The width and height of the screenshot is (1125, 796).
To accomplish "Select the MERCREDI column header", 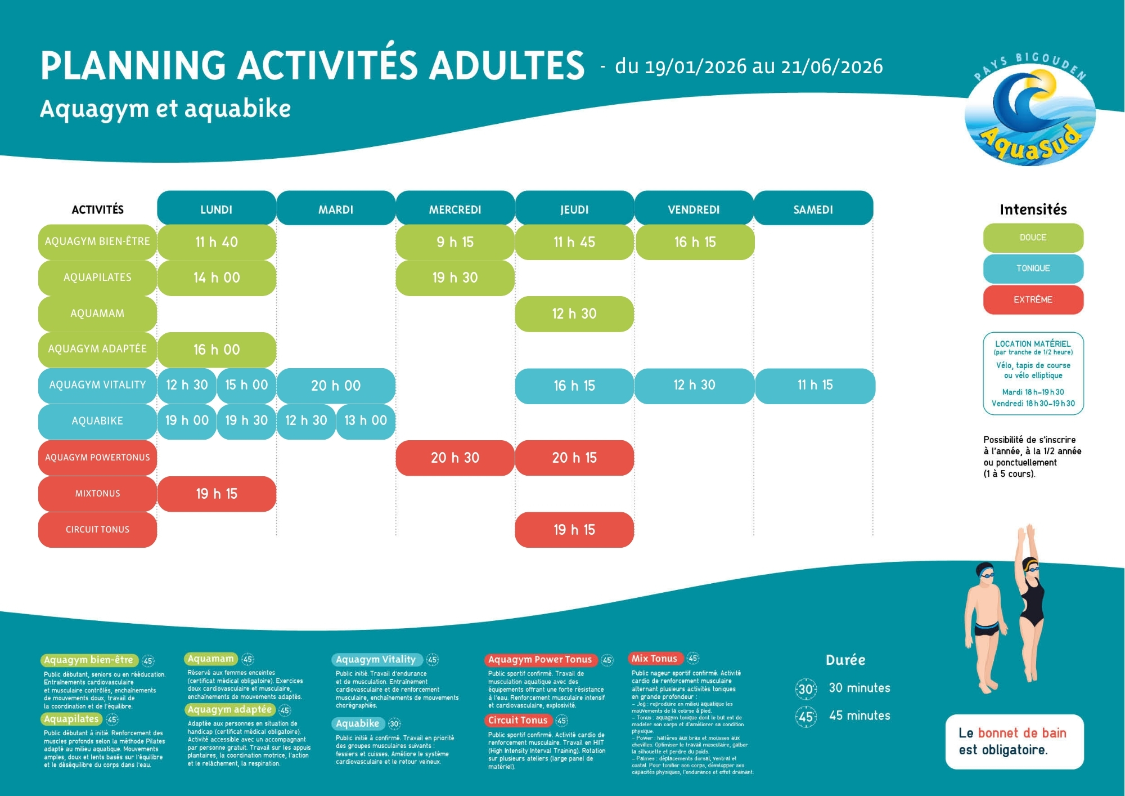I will pos(455,209).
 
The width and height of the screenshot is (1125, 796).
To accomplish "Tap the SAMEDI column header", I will pos(813,209).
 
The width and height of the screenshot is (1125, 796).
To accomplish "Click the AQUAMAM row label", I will pos(97,314).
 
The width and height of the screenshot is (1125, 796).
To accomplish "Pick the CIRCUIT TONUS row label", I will pos(97,530).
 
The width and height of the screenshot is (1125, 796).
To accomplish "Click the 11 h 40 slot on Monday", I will pos(217,242).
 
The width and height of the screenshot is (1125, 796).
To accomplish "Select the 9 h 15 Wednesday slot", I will pos(455,242).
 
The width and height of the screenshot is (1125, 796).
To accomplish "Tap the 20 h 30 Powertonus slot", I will pos(455,458).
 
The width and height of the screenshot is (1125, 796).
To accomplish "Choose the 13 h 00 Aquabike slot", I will pos(366,421).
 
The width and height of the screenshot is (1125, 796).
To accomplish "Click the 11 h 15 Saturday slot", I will pos(815,386).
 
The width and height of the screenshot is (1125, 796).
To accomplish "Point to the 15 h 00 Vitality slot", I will pos(246,385).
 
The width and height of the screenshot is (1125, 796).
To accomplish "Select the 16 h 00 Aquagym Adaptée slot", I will pos(217,350).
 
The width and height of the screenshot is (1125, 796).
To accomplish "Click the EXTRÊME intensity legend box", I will pos(1033,299).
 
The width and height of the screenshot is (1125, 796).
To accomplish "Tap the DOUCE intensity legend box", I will pos(1033,238).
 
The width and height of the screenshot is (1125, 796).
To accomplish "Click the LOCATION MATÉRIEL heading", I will pos(1033,343).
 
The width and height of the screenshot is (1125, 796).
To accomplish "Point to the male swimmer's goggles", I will pos(987,575).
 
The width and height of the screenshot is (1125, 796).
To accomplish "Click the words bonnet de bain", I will pos(1022,733).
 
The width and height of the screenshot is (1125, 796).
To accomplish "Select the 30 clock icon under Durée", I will pos(805,689).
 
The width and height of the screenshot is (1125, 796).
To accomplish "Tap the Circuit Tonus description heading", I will pos(517,721).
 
